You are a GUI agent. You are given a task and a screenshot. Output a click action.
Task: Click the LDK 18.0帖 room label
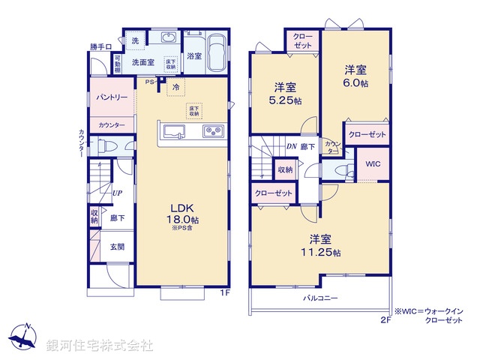point(183,214)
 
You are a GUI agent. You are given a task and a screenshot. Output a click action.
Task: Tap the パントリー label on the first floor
point(111,98)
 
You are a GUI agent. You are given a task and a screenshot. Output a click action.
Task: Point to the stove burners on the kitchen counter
point(212,133)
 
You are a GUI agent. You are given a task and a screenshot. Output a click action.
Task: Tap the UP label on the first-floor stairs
point(118,193)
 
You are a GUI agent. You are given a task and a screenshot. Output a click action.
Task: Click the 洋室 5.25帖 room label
point(285,91)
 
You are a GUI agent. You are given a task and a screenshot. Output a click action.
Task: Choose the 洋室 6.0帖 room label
point(355,76)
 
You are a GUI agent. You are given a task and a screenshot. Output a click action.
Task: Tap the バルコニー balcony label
point(320,298)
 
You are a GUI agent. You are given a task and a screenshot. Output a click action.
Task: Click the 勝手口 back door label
point(101,47)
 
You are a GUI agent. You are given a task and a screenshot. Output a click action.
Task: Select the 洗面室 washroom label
point(143,63)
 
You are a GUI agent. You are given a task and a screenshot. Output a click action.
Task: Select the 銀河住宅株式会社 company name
point(100,345)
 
